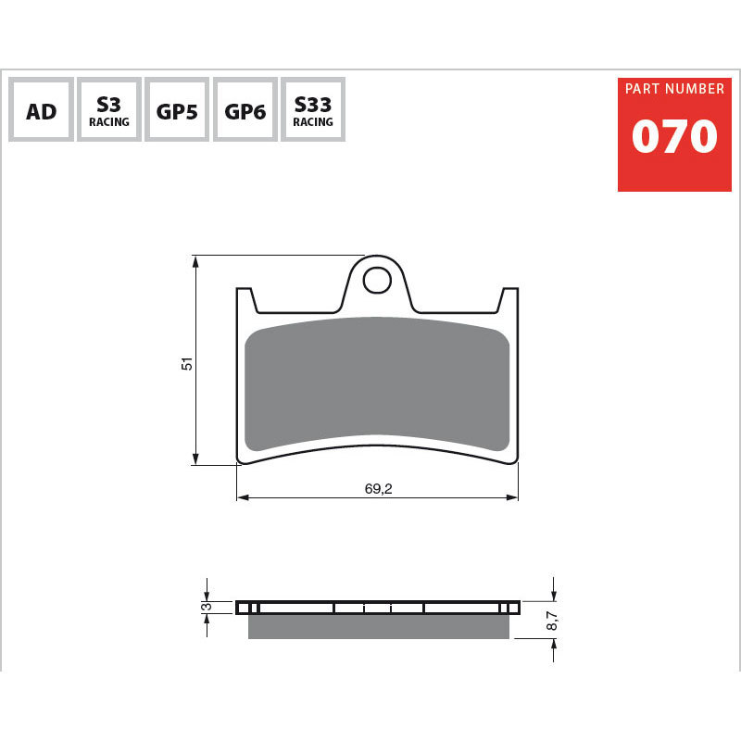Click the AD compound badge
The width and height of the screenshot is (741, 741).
[41, 109]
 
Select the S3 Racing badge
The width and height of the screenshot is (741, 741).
[109, 109]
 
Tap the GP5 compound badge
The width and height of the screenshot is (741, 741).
[177, 109]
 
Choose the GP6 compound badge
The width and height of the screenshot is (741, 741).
[245, 109]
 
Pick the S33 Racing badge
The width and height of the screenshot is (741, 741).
[313, 109]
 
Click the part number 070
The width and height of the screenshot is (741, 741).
[674, 136]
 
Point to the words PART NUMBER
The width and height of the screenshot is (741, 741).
[674, 88]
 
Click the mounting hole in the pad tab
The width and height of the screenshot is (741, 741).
[377, 281]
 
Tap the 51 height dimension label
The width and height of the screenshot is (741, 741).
[187, 363]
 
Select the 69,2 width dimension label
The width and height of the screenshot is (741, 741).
[378, 488]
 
